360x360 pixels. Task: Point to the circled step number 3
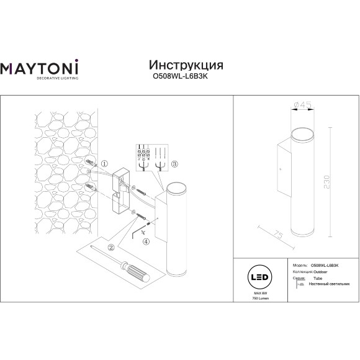coord(175,164)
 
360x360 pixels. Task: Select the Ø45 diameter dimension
coord(302,106)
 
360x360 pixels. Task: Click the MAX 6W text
coord(252,294)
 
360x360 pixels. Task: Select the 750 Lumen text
coord(252,299)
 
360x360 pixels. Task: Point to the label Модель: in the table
coord(299,264)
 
